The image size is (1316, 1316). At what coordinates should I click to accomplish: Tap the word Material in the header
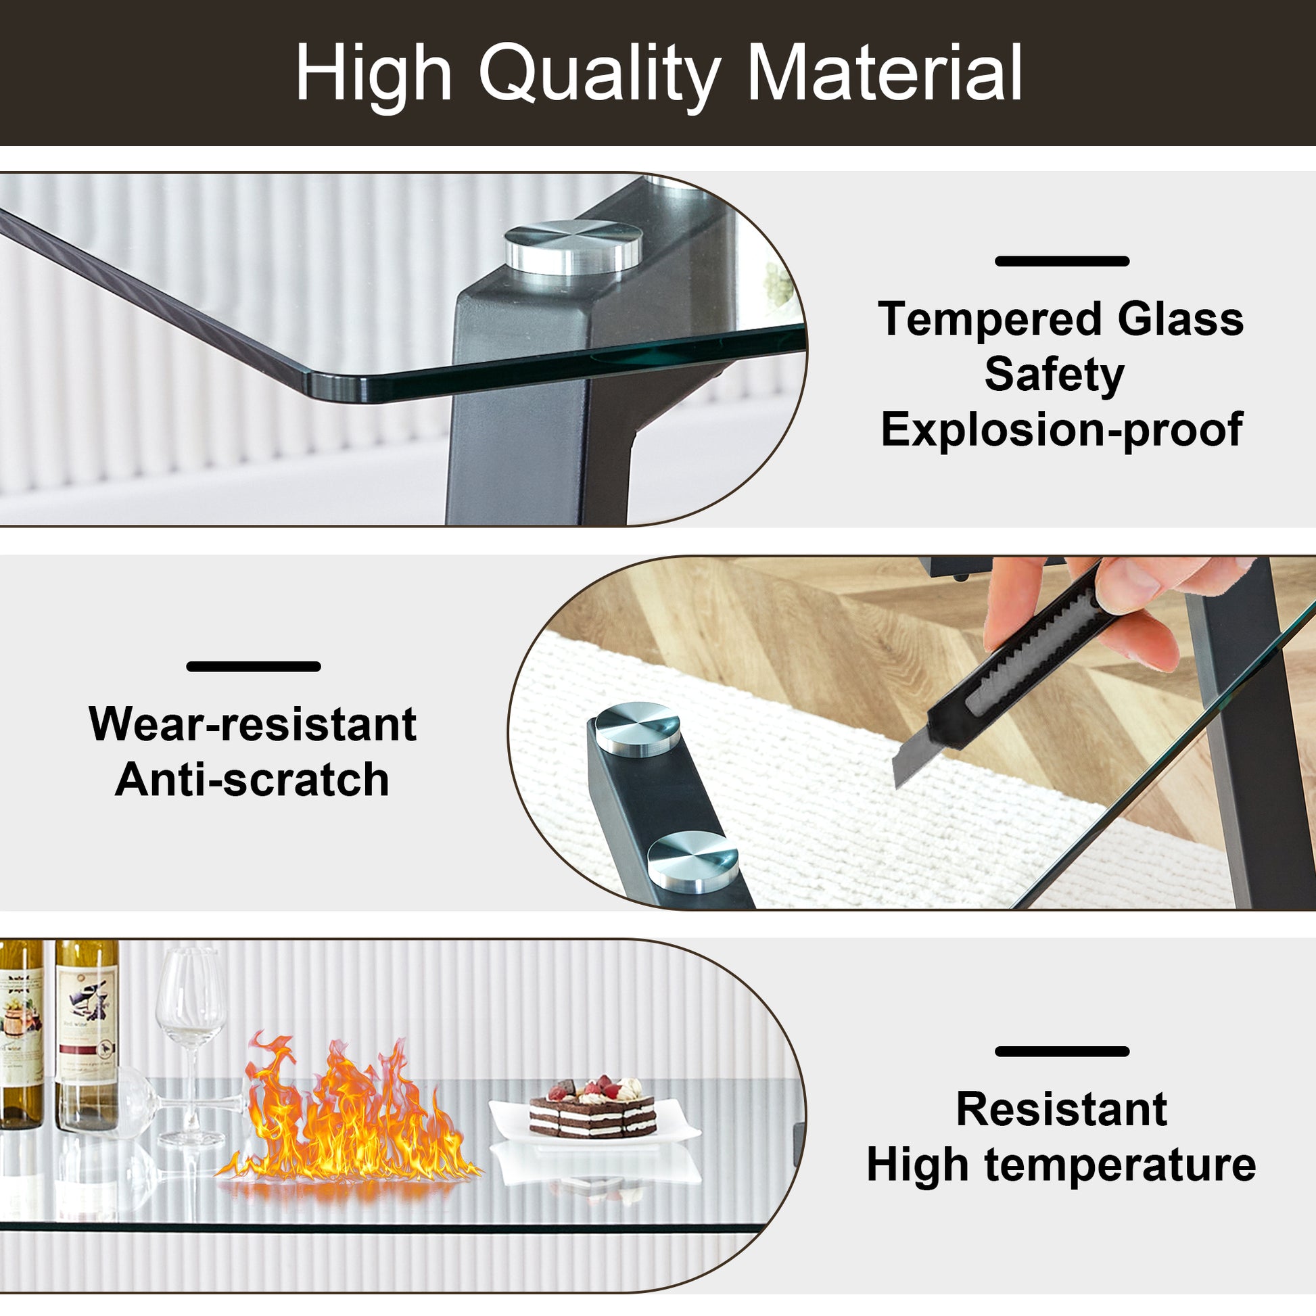click(x=885, y=72)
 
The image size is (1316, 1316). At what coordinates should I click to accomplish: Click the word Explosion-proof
click(x=1062, y=430)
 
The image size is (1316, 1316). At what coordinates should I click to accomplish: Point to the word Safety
click(x=1054, y=376)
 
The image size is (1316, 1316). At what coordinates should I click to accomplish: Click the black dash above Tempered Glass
click(x=1062, y=261)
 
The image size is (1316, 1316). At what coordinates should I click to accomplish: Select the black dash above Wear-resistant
click(x=254, y=666)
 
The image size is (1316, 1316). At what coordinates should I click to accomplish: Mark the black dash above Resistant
click(x=1062, y=1051)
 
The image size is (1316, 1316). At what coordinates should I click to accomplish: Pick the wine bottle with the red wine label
click(x=87, y=1035)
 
